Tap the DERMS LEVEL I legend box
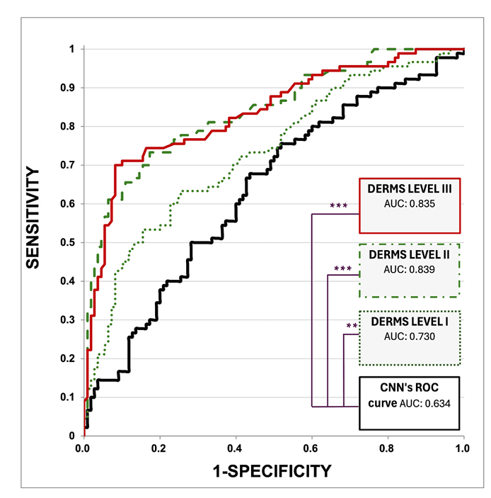tap(410, 338)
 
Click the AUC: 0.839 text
tap(410, 270)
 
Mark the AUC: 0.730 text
tap(410, 336)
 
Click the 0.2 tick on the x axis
tap(160, 449)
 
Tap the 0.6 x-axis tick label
tap(312, 449)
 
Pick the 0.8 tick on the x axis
tap(388, 449)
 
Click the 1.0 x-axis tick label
tap(463, 449)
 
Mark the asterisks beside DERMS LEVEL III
tap(339, 206)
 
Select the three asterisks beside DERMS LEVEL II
tap(342, 269)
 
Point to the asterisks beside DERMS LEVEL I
tap(351, 327)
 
